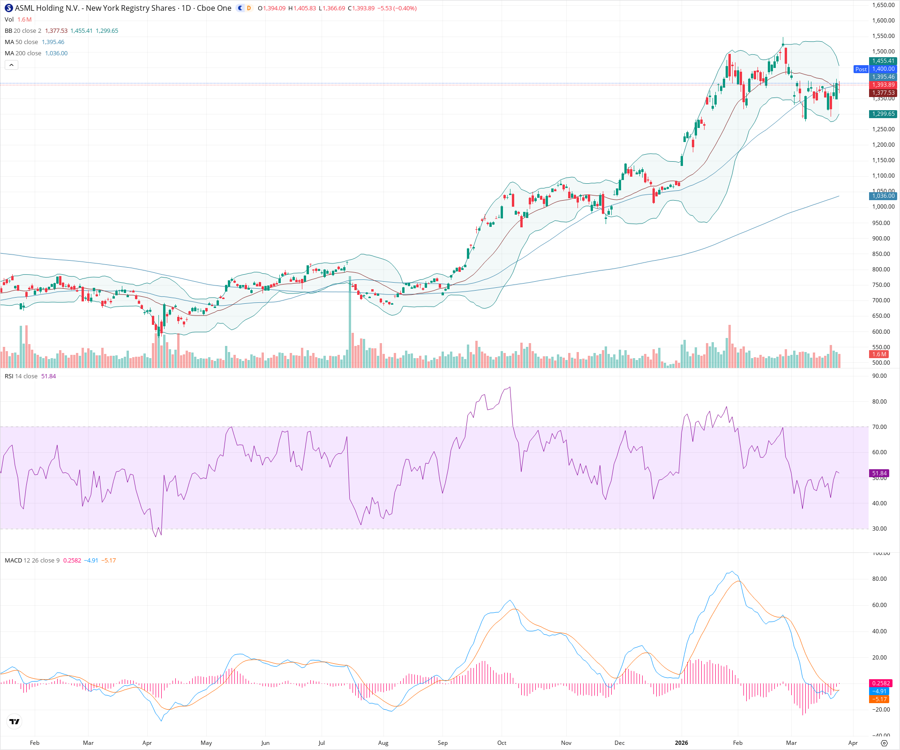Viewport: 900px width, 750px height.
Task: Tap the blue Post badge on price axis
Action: (861, 69)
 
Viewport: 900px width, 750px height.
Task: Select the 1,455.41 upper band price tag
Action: (883, 61)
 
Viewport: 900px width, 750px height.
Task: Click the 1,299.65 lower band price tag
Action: (883, 114)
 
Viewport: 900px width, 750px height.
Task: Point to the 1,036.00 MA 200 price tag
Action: (883, 196)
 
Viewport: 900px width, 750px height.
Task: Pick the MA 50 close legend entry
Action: (22, 42)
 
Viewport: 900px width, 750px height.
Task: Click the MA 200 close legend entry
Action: (23, 53)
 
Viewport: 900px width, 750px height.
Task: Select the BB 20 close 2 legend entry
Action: (23, 31)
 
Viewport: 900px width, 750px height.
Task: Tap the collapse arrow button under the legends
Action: (11, 65)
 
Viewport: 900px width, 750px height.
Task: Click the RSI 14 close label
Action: (21, 376)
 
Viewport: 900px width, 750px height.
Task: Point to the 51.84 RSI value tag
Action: (879, 473)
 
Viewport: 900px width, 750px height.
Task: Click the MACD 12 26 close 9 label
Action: (32, 561)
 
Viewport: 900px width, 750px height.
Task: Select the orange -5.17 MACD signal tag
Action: (879, 699)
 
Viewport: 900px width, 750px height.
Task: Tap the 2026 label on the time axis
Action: (681, 743)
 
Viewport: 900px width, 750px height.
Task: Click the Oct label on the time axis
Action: (502, 743)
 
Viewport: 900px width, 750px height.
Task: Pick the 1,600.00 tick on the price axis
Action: (883, 21)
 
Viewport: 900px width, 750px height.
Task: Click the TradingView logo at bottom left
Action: (15, 721)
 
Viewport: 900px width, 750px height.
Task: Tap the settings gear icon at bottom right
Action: (884, 743)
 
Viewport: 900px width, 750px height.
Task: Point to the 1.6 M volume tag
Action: (879, 354)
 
